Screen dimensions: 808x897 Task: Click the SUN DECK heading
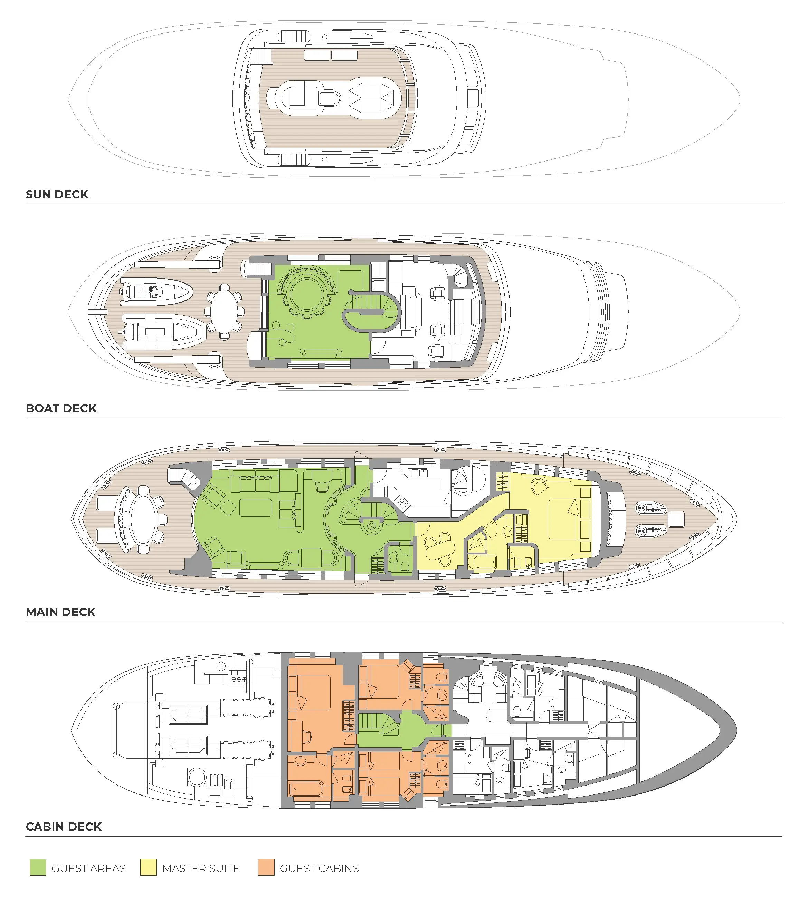coord(57,194)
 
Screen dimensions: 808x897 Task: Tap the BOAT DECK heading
coord(61,408)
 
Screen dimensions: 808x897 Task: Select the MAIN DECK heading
coord(61,612)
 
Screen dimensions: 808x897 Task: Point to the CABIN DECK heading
coord(64,827)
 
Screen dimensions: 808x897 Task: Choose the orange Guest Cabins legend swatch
coord(266,868)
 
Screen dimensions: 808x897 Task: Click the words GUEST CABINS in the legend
coord(319,868)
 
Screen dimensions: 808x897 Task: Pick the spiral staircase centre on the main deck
coord(371,526)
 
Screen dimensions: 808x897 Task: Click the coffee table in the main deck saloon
coord(255,507)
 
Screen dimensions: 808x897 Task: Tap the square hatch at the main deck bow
coord(676,519)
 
